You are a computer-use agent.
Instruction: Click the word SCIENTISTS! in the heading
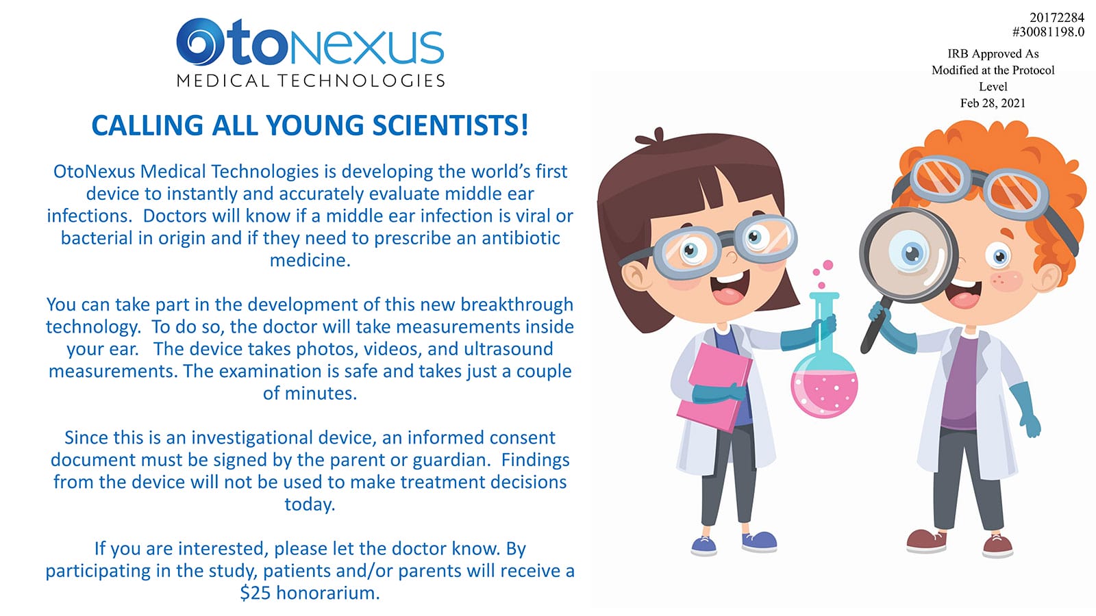pos(450,125)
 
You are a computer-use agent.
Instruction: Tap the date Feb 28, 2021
pos(993,103)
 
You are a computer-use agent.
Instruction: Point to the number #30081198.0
pos(1048,32)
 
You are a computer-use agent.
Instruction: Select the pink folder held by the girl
pos(715,386)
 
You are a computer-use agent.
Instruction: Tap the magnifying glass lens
pos(908,254)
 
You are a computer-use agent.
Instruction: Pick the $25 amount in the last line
pos(255,593)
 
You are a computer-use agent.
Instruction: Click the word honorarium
pos(328,593)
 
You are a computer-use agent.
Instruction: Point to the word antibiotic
pos(521,238)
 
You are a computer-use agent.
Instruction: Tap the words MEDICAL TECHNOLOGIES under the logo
pos(311,81)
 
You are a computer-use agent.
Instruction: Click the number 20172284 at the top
pos(1057,18)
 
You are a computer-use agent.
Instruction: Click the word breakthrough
pos(516,305)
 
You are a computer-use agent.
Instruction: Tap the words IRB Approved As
pos(993,54)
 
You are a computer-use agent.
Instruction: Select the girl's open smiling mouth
pos(728,288)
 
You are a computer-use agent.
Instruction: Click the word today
pos(310,504)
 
